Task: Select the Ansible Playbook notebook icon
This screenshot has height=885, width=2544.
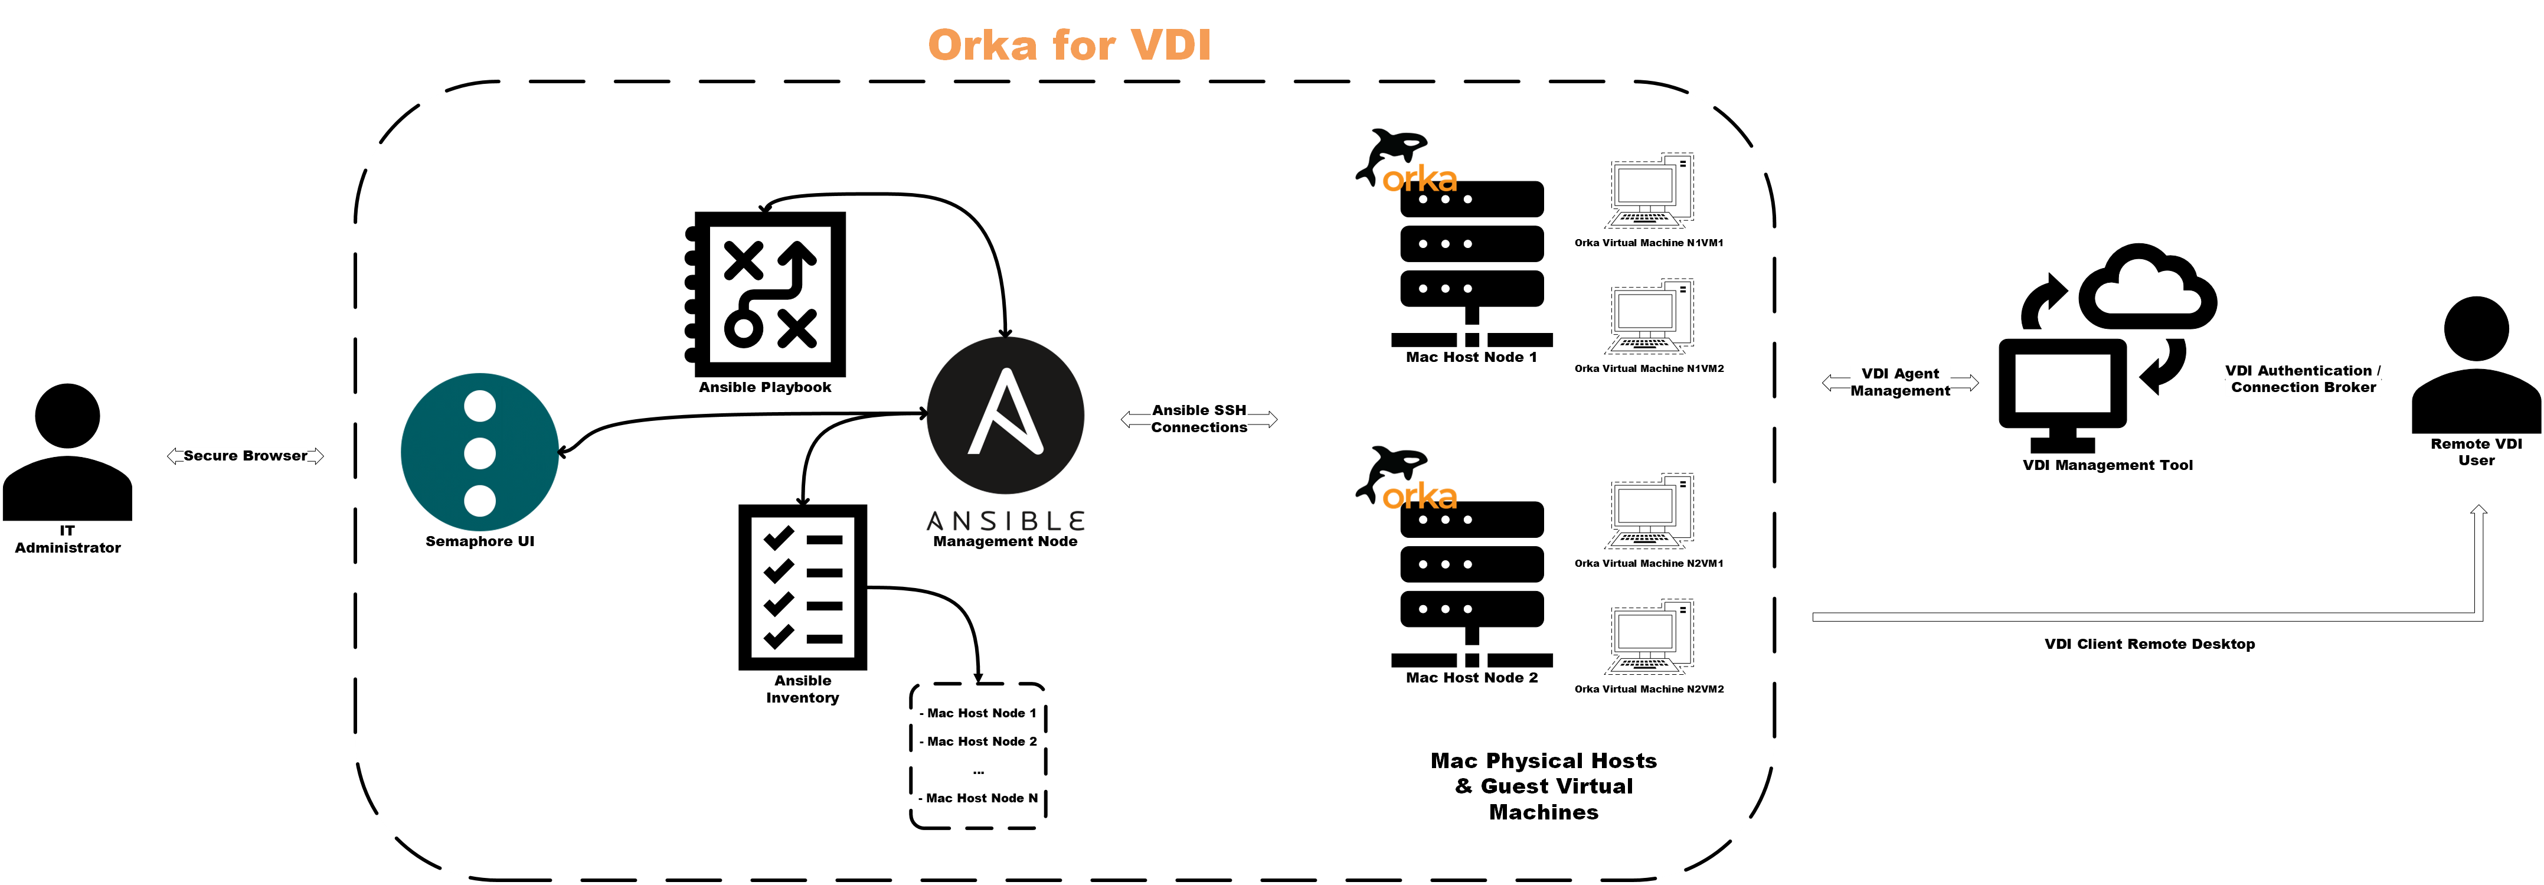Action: coord(766,292)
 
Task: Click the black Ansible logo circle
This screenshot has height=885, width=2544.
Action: coord(1005,415)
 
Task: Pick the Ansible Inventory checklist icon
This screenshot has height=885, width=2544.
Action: coord(803,587)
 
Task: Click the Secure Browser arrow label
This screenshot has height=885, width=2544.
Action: coord(245,455)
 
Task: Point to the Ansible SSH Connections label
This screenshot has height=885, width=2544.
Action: coord(1198,419)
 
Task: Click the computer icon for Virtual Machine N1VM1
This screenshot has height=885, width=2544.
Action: coord(1649,192)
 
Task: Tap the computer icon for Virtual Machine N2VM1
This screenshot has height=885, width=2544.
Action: coord(1649,512)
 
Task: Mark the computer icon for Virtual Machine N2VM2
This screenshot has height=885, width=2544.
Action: coord(1649,637)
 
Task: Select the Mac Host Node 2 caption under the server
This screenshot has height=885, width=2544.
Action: coord(1470,678)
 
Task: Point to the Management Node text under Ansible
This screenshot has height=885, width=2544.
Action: coord(1005,541)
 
